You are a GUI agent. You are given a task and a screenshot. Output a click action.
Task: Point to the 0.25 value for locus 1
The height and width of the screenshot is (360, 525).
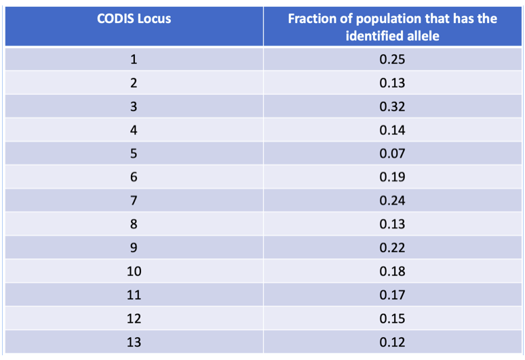[x=392, y=60]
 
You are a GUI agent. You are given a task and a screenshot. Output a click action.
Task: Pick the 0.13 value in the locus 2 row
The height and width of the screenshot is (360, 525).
[x=392, y=83]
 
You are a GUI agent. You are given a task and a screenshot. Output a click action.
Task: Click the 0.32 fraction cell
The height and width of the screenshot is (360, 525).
[x=392, y=107]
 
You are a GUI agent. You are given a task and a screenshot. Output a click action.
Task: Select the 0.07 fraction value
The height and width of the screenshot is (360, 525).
[x=392, y=154]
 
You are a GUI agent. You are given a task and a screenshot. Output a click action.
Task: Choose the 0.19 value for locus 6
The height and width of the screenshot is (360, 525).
[x=392, y=178]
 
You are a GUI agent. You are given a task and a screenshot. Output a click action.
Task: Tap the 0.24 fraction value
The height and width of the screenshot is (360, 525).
[x=392, y=201]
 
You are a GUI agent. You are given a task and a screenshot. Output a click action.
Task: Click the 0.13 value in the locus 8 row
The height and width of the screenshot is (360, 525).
[x=392, y=224]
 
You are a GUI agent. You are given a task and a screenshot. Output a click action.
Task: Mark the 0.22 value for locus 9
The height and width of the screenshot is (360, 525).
[x=392, y=248]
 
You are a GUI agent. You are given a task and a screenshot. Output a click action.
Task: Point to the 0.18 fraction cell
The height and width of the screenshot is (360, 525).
[x=392, y=272]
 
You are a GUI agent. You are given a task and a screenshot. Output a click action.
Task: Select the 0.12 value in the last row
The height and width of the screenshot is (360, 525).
[x=392, y=342]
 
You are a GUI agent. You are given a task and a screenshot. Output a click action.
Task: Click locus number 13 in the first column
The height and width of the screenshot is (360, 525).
[x=134, y=342]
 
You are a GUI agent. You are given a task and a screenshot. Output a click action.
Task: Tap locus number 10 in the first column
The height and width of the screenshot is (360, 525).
[x=134, y=272]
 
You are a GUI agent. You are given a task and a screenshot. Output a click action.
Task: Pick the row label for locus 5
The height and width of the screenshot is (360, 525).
[x=134, y=154]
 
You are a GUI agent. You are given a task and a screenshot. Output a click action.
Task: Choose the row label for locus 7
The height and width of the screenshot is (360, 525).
[x=134, y=201]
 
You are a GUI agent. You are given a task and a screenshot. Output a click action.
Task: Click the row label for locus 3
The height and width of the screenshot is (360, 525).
[x=134, y=107]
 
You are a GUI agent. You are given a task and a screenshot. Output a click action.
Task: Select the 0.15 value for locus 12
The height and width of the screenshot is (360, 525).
[x=392, y=319]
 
